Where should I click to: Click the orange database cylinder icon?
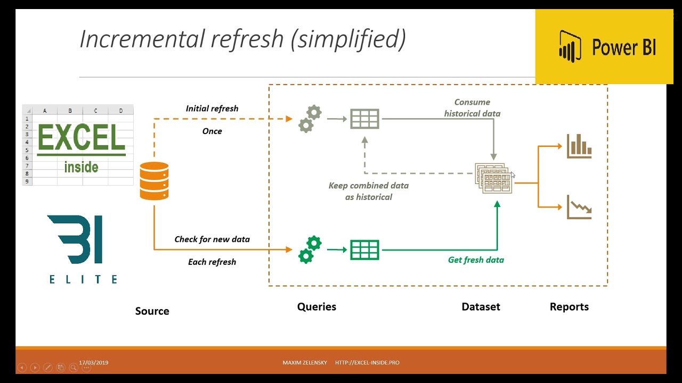[x=154, y=181]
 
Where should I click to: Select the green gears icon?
[x=310, y=249]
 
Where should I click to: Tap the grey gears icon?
[x=310, y=119]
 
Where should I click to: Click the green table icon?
[x=364, y=250]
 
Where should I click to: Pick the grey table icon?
[x=364, y=119]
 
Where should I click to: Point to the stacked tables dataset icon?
[x=493, y=178]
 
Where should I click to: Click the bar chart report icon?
[x=579, y=146]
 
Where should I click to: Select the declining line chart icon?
[x=579, y=207]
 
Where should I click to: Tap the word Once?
[x=212, y=131]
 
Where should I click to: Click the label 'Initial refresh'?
[x=212, y=109]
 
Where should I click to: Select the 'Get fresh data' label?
[x=476, y=260]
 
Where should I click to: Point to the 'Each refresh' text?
[x=212, y=262]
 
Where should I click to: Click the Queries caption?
[x=316, y=307]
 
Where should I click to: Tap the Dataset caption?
[x=481, y=307]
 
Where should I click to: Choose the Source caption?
[x=152, y=311]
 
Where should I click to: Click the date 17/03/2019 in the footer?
[x=93, y=363]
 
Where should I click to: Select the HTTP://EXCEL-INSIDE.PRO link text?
[x=367, y=363]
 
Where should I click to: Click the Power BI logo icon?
[x=570, y=46]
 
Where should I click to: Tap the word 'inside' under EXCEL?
[x=82, y=167]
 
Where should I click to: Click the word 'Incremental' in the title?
[x=142, y=39]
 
